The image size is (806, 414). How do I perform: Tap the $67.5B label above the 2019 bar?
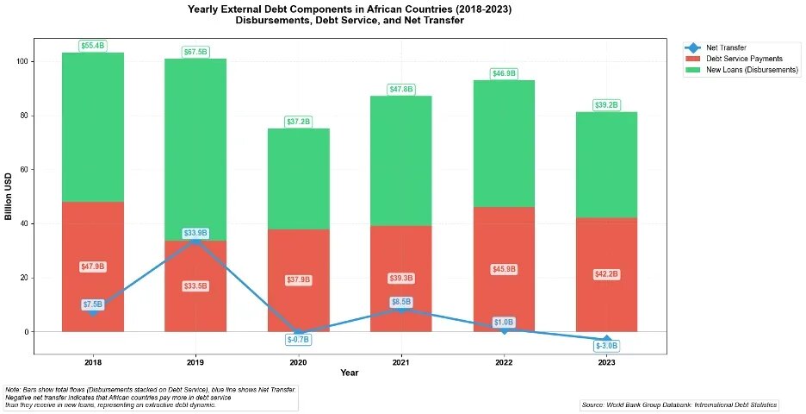pyautogui.click(x=195, y=53)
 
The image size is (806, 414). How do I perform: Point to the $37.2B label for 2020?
pyautogui.click(x=298, y=122)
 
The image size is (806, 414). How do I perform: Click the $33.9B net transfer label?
pyautogui.click(x=195, y=234)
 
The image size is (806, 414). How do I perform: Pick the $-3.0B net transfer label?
pyautogui.click(x=606, y=346)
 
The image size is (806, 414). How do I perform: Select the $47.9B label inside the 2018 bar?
pyautogui.click(x=93, y=267)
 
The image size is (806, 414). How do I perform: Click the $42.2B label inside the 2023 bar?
pyautogui.click(x=606, y=274)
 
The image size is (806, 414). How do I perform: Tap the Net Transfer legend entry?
pyautogui.click(x=731, y=47)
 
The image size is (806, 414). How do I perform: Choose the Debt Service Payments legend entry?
pyautogui.click(x=744, y=59)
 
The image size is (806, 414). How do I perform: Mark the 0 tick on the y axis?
pyautogui.click(x=28, y=332)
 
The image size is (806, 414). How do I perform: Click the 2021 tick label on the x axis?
pyautogui.click(x=400, y=361)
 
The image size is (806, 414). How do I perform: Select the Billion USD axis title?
pyautogui.click(x=9, y=196)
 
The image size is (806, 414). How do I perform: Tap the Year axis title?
pyautogui.click(x=349, y=373)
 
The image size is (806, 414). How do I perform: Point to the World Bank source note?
pyautogui.click(x=679, y=405)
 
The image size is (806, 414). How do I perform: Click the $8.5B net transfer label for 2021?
pyautogui.click(x=401, y=303)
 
